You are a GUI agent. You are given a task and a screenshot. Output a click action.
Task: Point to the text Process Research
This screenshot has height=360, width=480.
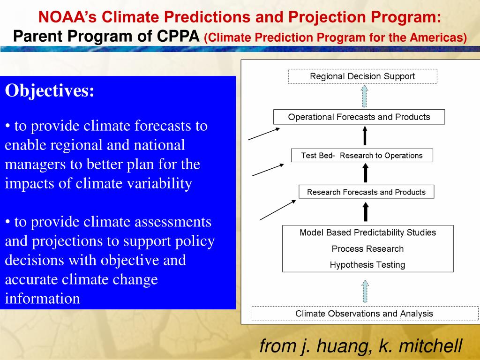tap(367, 248)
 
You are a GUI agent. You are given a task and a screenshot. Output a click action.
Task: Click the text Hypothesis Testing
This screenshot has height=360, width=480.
tap(367, 264)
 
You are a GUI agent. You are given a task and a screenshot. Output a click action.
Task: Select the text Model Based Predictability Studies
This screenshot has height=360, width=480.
tap(367, 232)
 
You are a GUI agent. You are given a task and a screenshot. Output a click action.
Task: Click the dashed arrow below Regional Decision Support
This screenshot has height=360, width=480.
tap(364, 96)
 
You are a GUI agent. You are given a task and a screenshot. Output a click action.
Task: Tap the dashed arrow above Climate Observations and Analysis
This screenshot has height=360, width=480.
tap(365, 291)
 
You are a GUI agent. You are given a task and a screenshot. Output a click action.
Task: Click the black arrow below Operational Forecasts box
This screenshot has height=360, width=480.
tap(365, 135)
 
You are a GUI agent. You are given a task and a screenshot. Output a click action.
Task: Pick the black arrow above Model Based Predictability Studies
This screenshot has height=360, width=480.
tap(366, 211)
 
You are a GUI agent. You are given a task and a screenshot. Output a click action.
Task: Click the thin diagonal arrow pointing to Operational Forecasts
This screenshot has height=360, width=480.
tap(264, 134)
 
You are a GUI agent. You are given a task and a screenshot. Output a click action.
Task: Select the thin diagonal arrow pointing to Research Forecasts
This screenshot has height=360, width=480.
tap(278, 210)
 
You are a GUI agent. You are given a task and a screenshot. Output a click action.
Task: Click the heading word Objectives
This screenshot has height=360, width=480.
tap(50, 91)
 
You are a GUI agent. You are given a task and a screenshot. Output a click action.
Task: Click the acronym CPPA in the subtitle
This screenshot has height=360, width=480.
tap(178, 36)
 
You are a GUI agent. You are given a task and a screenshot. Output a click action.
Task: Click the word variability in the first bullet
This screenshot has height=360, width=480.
tap(159, 184)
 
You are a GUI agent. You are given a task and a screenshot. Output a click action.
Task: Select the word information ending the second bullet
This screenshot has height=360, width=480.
tap(43, 298)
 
